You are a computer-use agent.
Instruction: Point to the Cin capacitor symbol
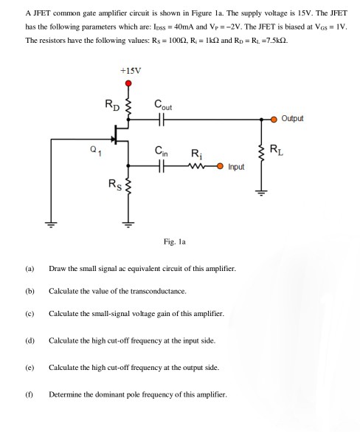pos(163,166)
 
